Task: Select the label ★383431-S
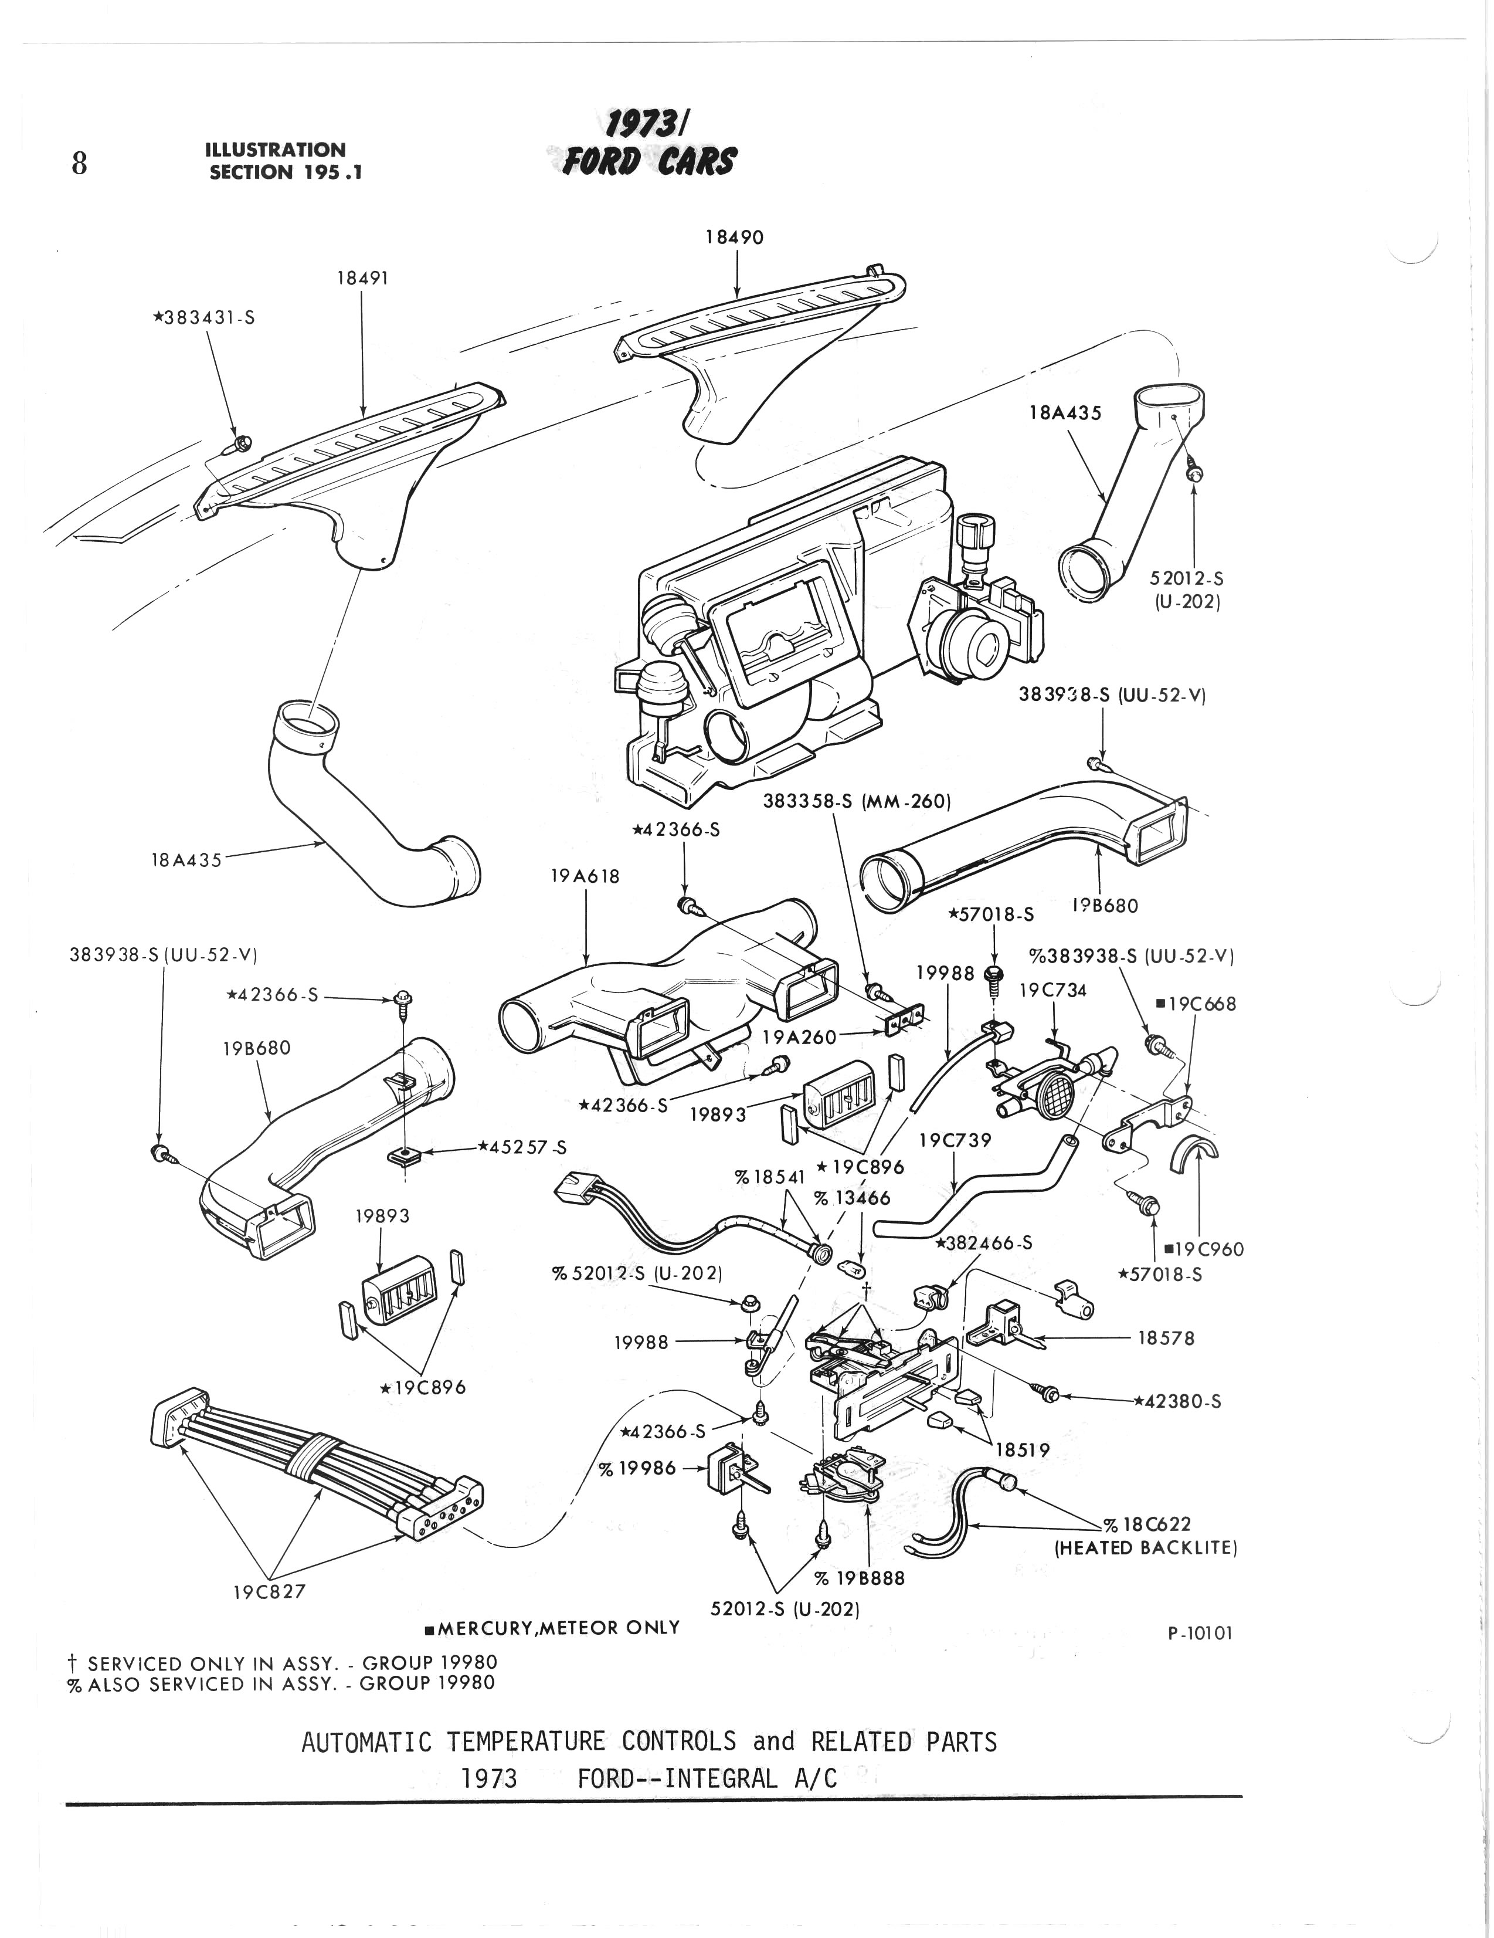pos(204,318)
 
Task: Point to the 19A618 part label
pos(585,876)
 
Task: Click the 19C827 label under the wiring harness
pos(269,1592)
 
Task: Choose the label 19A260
pos(799,1036)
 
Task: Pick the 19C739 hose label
pos(955,1140)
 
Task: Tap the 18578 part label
pos(1166,1337)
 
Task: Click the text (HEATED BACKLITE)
pos(1145,1547)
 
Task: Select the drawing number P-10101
pos(1200,1633)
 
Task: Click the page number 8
pos(79,163)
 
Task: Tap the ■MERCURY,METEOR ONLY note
pos(552,1628)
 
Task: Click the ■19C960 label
pos(1204,1249)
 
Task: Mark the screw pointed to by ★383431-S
pos(242,442)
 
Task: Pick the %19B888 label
pos(859,1578)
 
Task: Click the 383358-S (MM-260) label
pos(856,801)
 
